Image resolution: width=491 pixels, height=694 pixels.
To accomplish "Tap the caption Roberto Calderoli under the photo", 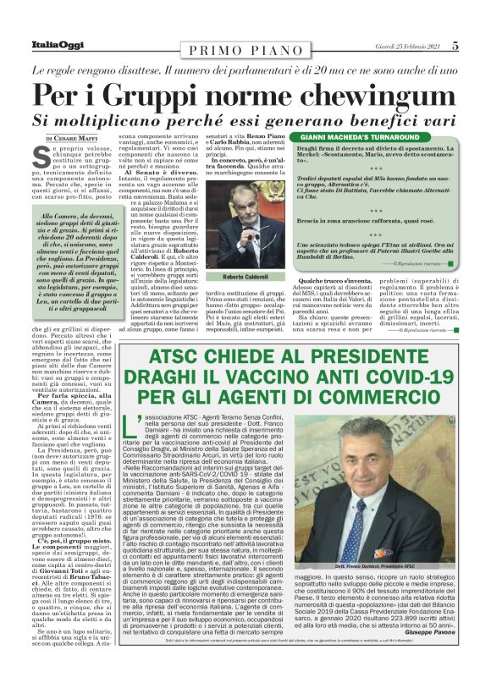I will click(244, 276).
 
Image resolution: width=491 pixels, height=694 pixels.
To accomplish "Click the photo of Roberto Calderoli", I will click(245, 229).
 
